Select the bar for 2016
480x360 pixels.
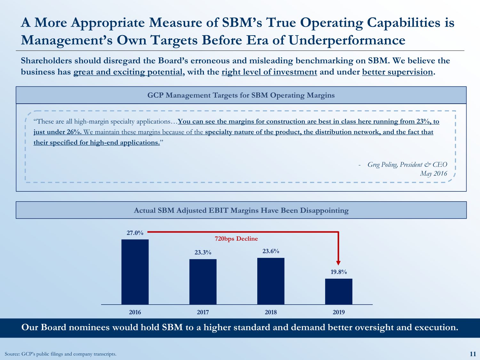click(x=135, y=272)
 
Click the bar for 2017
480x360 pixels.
click(x=203, y=282)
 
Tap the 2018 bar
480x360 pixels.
click(x=271, y=281)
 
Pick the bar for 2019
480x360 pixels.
click(x=339, y=292)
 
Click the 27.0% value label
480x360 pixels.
click(x=135, y=233)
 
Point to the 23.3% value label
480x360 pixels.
click(x=203, y=252)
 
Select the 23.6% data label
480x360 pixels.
click(x=271, y=251)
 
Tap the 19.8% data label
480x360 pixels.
click(x=339, y=272)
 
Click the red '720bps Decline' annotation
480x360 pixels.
click(x=236, y=239)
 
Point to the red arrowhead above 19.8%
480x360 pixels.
click(x=339, y=263)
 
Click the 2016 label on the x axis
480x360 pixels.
click(x=135, y=312)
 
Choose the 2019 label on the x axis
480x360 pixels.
click(x=339, y=312)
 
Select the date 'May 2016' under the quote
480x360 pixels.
click(x=433, y=174)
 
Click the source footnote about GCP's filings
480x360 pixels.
click(x=60, y=354)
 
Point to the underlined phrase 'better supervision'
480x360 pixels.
click(x=397, y=72)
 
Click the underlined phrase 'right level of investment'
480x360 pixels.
click(x=269, y=72)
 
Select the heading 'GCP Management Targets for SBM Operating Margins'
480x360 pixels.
click(x=241, y=95)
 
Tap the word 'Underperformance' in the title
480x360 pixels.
click(x=347, y=41)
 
